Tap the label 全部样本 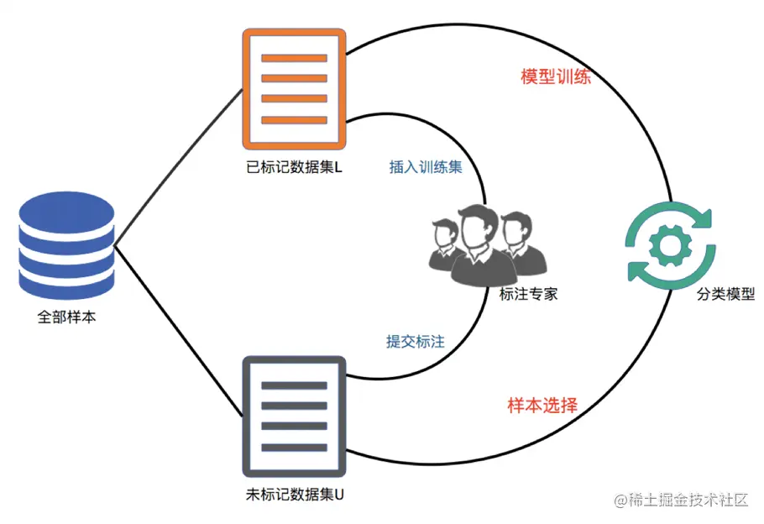(66, 318)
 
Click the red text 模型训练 (556, 77)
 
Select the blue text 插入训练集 (426, 166)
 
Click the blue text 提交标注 (415, 342)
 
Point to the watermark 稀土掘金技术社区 (681, 500)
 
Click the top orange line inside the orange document (294, 59)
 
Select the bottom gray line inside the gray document (294, 448)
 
